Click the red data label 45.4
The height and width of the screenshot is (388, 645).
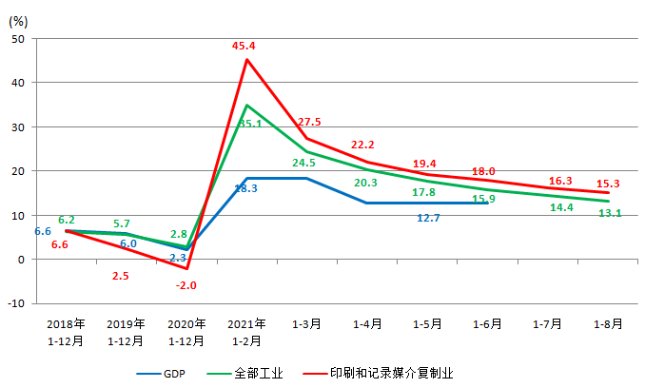(x=246, y=45)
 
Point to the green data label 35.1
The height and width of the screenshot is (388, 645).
(x=250, y=124)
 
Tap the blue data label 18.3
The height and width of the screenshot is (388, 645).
(x=245, y=188)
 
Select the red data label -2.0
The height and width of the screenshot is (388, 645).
(x=186, y=284)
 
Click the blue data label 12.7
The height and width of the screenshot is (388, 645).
(x=428, y=218)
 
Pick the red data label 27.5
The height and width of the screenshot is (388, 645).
(x=309, y=122)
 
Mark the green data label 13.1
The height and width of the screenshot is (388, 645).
(x=609, y=213)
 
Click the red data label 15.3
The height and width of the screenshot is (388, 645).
(x=609, y=183)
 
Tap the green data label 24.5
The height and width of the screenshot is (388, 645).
(x=304, y=163)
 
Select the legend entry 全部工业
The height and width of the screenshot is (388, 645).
(x=258, y=374)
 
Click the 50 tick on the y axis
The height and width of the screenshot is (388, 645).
(x=19, y=38)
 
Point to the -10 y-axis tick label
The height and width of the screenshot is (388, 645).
(x=16, y=303)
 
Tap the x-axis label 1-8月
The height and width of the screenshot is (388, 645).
(x=608, y=323)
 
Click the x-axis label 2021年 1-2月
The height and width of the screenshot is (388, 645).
(x=246, y=331)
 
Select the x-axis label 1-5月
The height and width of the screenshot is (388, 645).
(x=427, y=323)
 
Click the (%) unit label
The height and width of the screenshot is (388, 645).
(x=20, y=16)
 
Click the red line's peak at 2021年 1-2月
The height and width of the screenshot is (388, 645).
(x=246, y=59)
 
